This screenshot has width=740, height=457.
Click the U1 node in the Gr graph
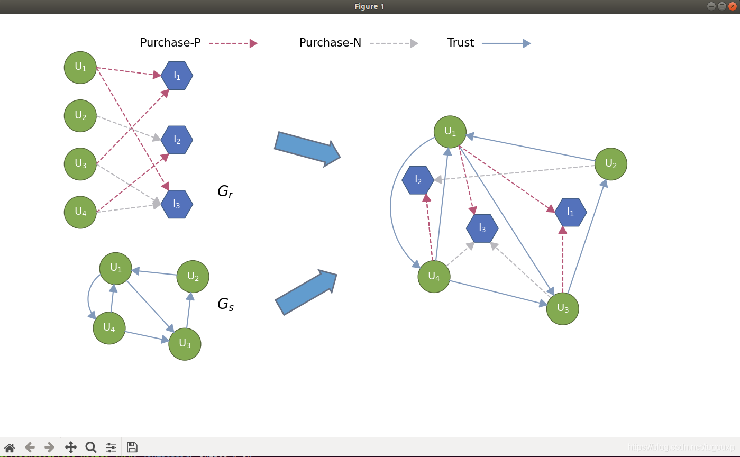pos(80,68)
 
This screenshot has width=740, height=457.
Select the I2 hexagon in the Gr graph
pos(177,140)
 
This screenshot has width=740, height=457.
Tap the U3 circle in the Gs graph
pos(185,344)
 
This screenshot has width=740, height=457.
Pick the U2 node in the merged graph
pos(611,164)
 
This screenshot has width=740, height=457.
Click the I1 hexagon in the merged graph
pos(571,212)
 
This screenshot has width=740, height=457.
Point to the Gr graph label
pos(225,192)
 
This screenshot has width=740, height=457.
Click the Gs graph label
pos(225,304)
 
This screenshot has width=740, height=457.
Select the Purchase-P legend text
pos(170,43)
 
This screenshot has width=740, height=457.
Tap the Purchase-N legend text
pos(330,43)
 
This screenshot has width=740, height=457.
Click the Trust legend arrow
pos(506,43)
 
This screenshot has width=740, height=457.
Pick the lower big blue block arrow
pos(306,293)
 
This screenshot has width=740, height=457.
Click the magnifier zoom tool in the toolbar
pos(91,447)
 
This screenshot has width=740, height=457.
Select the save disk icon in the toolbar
pos(132,447)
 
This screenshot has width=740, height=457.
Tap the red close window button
pos(733,6)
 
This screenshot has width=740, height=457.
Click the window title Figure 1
pos(369,6)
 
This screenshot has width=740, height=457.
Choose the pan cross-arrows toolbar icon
pos(71,447)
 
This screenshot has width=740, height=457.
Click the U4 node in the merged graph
pos(434,276)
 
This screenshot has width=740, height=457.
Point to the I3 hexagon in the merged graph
pos(482,228)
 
